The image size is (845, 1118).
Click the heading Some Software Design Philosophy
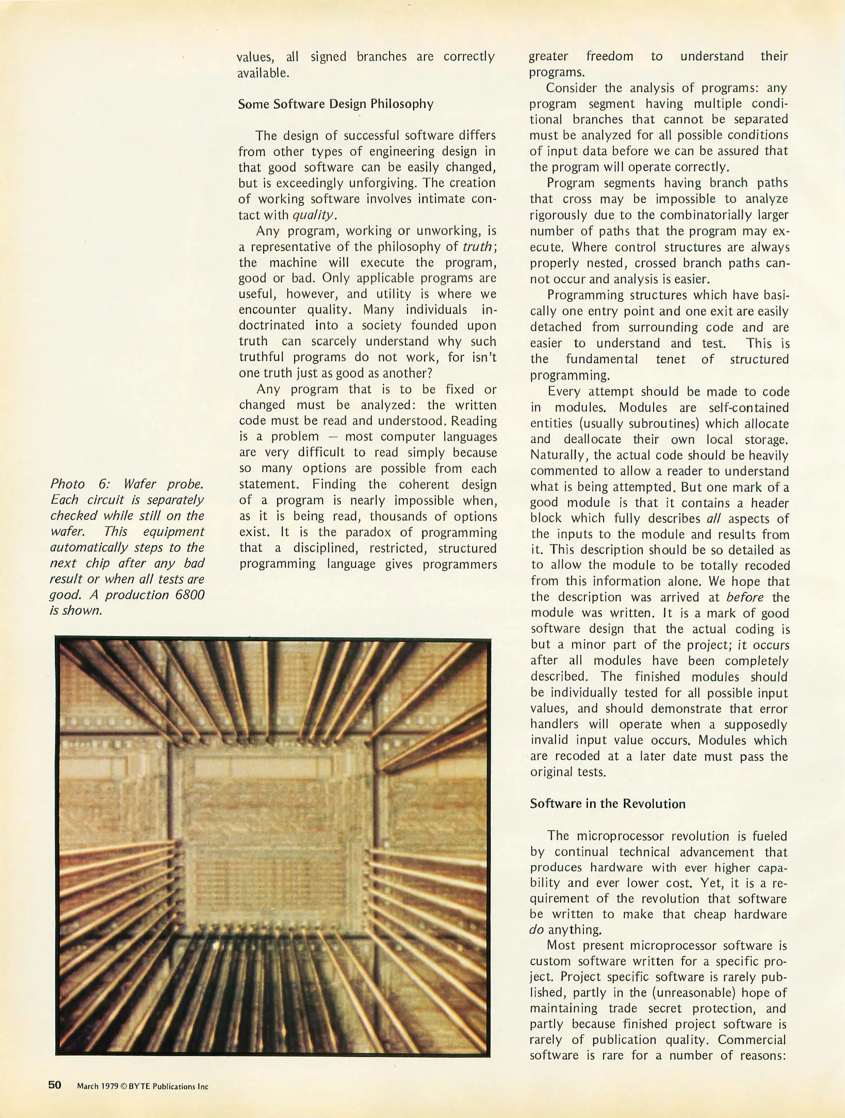pyautogui.click(x=335, y=104)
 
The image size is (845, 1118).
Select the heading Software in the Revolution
pyautogui.click(x=607, y=804)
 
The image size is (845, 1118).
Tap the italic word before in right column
pyautogui.click(x=745, y=597)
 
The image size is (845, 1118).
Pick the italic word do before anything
pyautogui.click(x=537, y=930)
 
